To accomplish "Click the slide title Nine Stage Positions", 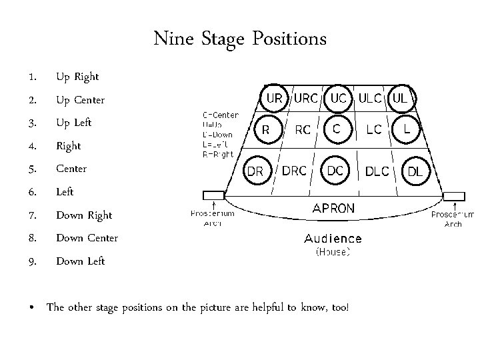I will (240, 39).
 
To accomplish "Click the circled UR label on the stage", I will (274, 98).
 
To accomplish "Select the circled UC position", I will (338, 98).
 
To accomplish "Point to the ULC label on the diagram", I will (370, 98).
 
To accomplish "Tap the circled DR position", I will (255, 171).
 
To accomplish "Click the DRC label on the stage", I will (295, 171).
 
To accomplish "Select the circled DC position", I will (335, 171).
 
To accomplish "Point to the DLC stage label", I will (377, 171).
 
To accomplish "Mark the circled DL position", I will (415, 171).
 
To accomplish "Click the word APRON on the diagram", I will (334, 207).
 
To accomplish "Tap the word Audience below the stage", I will (333, 238).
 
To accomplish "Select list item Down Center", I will (87, 238).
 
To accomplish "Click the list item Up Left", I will (74, 123).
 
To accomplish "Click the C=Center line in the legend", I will (220, 115).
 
